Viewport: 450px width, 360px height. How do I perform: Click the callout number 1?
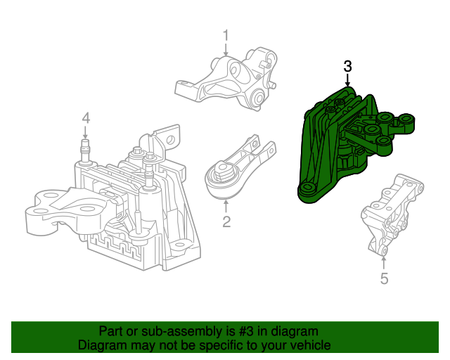coord(226,34)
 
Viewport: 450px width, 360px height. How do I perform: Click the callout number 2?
coord(226,224)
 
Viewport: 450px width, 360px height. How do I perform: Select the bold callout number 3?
coord(347,67)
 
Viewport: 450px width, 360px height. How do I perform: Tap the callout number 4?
coord(85,117)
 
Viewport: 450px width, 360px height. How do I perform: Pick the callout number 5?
coord(384,279)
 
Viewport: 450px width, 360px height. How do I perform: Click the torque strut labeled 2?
coord(236,169)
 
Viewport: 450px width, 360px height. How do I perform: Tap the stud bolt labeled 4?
coord(85,149)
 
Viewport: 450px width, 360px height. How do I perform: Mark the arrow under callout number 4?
coord(85,132)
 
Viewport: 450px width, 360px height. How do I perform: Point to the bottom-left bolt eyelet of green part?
coord(306,191)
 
